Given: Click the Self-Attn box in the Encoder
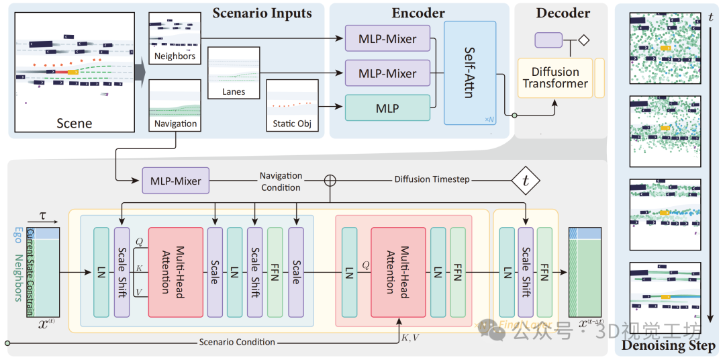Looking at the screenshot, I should (x=470, y=73).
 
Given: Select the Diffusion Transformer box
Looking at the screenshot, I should (x=554, y=78).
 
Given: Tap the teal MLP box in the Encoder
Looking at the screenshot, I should (x=387, y=108).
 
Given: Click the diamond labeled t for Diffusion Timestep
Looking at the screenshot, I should (x=526, y=181).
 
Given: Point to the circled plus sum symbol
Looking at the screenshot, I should (x=330, y=180).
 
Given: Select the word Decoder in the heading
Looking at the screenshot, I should (x=563, y=13).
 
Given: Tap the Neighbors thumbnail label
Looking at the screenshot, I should (x=175, y=56).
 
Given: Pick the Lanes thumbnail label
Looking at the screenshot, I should (x=233, y=91).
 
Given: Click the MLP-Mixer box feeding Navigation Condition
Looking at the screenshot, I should (x=175, y=180).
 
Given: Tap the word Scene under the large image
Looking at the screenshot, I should (x=74, y=123).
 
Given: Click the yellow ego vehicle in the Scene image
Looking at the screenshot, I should (x=72, y=71).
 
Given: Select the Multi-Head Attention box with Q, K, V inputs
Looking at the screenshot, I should (x=175, y=272).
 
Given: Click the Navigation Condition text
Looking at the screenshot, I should (x=281, y=181).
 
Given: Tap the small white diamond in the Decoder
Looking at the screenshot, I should (x=583, y=40).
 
